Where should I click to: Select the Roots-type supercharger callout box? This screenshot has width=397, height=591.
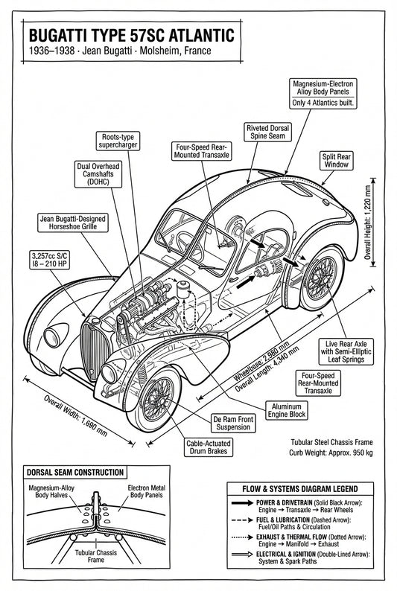tap(120, 141)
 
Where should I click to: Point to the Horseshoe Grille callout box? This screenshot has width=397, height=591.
tap(73, 223)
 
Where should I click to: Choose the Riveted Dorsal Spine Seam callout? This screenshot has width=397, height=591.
tap(267, 132)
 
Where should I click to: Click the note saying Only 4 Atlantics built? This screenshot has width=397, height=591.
tap(323, 103)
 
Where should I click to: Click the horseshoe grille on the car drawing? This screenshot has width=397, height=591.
tap(94, 344)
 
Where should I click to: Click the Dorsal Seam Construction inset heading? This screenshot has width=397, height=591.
tap(74, 472)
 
